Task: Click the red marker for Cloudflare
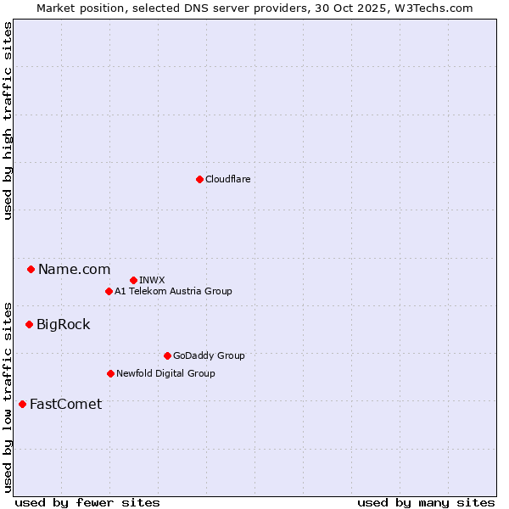pos(199,179)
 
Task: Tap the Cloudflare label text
pos(227,179)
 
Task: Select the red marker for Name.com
pos(31,270)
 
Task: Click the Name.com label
pos(74,270)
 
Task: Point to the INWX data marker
pos(133,280)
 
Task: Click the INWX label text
pos(152,280)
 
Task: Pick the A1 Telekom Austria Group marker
pos(109,291)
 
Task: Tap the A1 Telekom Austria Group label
pos(173,291)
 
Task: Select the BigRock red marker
pos(29,324)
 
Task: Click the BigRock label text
pos(63,324)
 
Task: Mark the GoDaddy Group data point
pos(167,355)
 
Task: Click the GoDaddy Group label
pos(209,355)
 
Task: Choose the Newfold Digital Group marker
pos(110,373)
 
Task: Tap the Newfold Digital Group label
pos(165,373)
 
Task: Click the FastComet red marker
pos(22,404)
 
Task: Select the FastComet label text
pos(65,404)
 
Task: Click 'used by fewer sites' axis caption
pos(87,502)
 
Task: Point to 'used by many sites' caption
pos(426,502)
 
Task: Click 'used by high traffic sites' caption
pos(8,120)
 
